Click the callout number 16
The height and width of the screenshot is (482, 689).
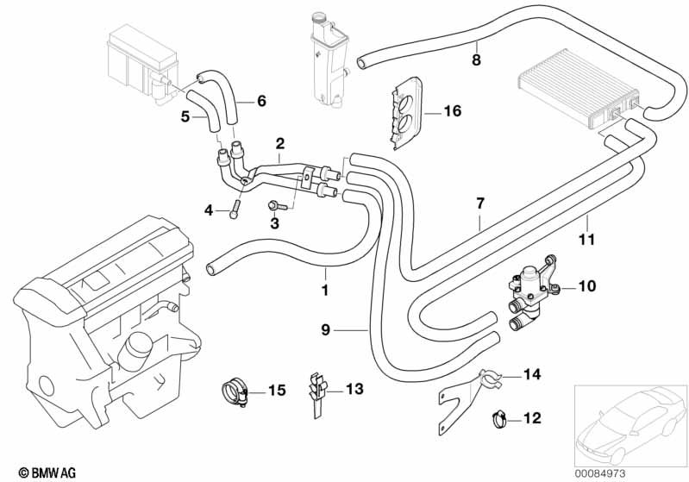pos(453,111)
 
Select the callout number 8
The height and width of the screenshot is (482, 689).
pos(476,59)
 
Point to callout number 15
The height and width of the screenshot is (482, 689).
pos(276,391)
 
